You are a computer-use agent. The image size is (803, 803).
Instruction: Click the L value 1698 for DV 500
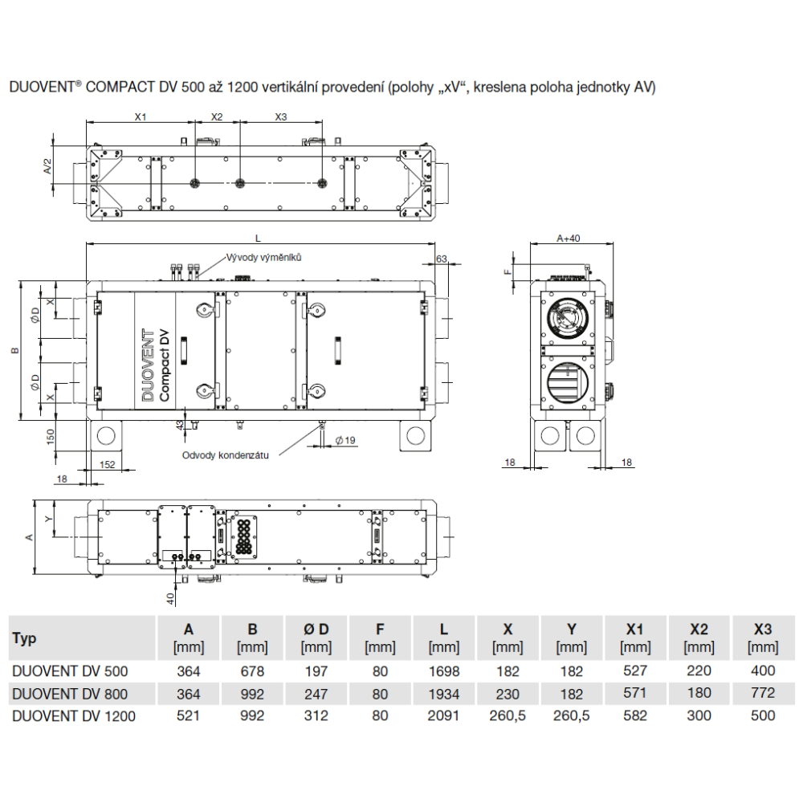pyautogui.click(x=443, y=671)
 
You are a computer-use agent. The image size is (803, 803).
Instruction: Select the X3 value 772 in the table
pyautogui.click(x=763, y=693)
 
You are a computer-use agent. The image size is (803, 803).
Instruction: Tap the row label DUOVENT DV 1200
pyautogui.click(x=74, y=716)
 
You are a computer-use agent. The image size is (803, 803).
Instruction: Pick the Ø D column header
pyautogui.click(x=316, y=629)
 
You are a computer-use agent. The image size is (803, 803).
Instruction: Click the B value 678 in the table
pyautogui.click(x=252, y=671)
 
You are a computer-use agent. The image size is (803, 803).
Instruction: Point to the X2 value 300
pyautogui.click(x=699, y=715)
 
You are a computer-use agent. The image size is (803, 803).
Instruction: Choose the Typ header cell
pyautogui.click(x=24, y=638)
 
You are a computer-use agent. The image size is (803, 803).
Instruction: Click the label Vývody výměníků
pyautogui.click(x=263, y=257)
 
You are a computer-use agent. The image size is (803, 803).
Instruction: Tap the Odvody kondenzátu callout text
pyautogui.click(x=226, y=455)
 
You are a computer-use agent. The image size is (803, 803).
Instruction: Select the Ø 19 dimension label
pyautogui.click(x=345, y=440)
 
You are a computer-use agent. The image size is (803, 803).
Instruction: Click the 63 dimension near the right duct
pyautogui.click(x=442, y=259)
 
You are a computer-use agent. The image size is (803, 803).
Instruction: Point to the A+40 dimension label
pyautogui.click(x=569, y=238)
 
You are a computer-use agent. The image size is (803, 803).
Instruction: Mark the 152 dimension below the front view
pyautogui.click(x=107, y=464)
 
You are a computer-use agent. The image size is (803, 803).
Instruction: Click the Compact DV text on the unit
pyautogui.click(x=165, y=365)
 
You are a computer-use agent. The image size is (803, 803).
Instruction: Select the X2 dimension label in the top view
pyautogui.click(x=217, y=116)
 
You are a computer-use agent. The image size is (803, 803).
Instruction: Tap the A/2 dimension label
pyautogui.click(x=47, y=166)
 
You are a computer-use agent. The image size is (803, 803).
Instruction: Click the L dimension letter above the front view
pyautogui.click(x=258, y=238)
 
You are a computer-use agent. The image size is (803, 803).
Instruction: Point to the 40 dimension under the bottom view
pyautogui.click(x=170, y=597)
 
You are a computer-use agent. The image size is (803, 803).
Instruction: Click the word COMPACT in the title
pyautogui.click(x=120, y=87)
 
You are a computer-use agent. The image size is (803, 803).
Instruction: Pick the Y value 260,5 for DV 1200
pyautogui.click(x=571, y=716)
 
